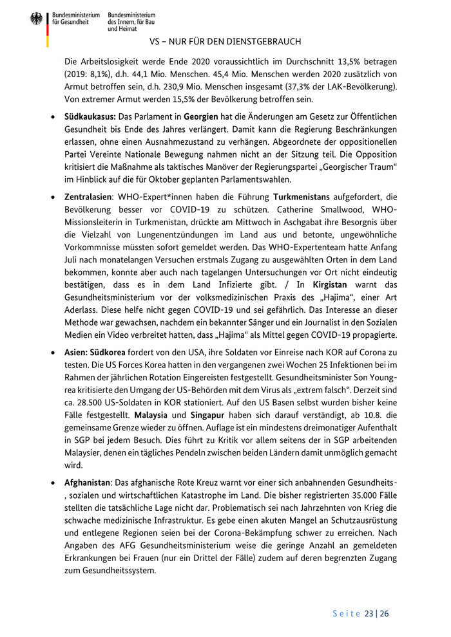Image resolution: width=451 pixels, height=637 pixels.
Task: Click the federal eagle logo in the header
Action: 36,19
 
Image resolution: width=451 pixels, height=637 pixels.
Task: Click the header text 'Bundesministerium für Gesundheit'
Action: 76,19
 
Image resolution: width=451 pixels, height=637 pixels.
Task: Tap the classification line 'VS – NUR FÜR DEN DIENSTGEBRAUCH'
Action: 225,42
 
